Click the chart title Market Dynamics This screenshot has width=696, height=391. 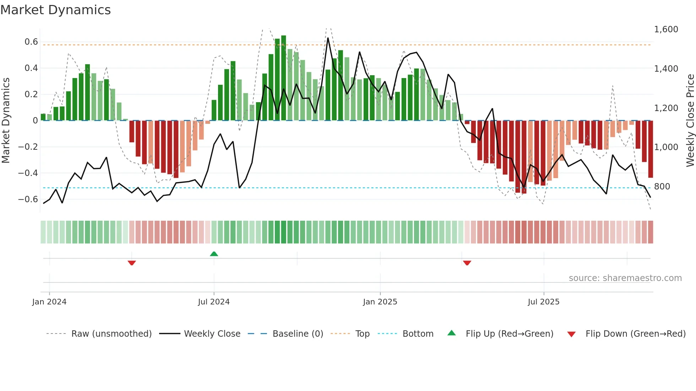click(x=55, y=10)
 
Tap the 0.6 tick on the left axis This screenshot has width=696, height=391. click(x=31, y=42)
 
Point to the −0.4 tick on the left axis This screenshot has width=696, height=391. click(x=28, y=173)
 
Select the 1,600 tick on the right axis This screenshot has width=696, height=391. click(x=666, y=29)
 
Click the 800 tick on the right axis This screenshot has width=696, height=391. click(x=662, y=187)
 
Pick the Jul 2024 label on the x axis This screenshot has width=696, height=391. click(x=214, y=302)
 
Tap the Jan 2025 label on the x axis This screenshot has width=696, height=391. click(x=380, y=302)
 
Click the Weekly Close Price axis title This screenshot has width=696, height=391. click(x=690, y=121)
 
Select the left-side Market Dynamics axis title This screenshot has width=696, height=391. click(x=6, y=121)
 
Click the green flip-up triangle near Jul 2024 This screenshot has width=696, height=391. click(x=214, y=254)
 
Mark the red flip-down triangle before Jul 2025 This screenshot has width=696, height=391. click(x=467, y=263)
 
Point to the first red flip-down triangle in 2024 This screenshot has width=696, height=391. click(x=132, y=263)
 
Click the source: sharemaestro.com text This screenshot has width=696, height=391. click(x=625, y=278)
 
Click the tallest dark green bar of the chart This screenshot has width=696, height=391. click(x=283, y=78)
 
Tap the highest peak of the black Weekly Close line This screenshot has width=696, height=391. click(x=328, y=38)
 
